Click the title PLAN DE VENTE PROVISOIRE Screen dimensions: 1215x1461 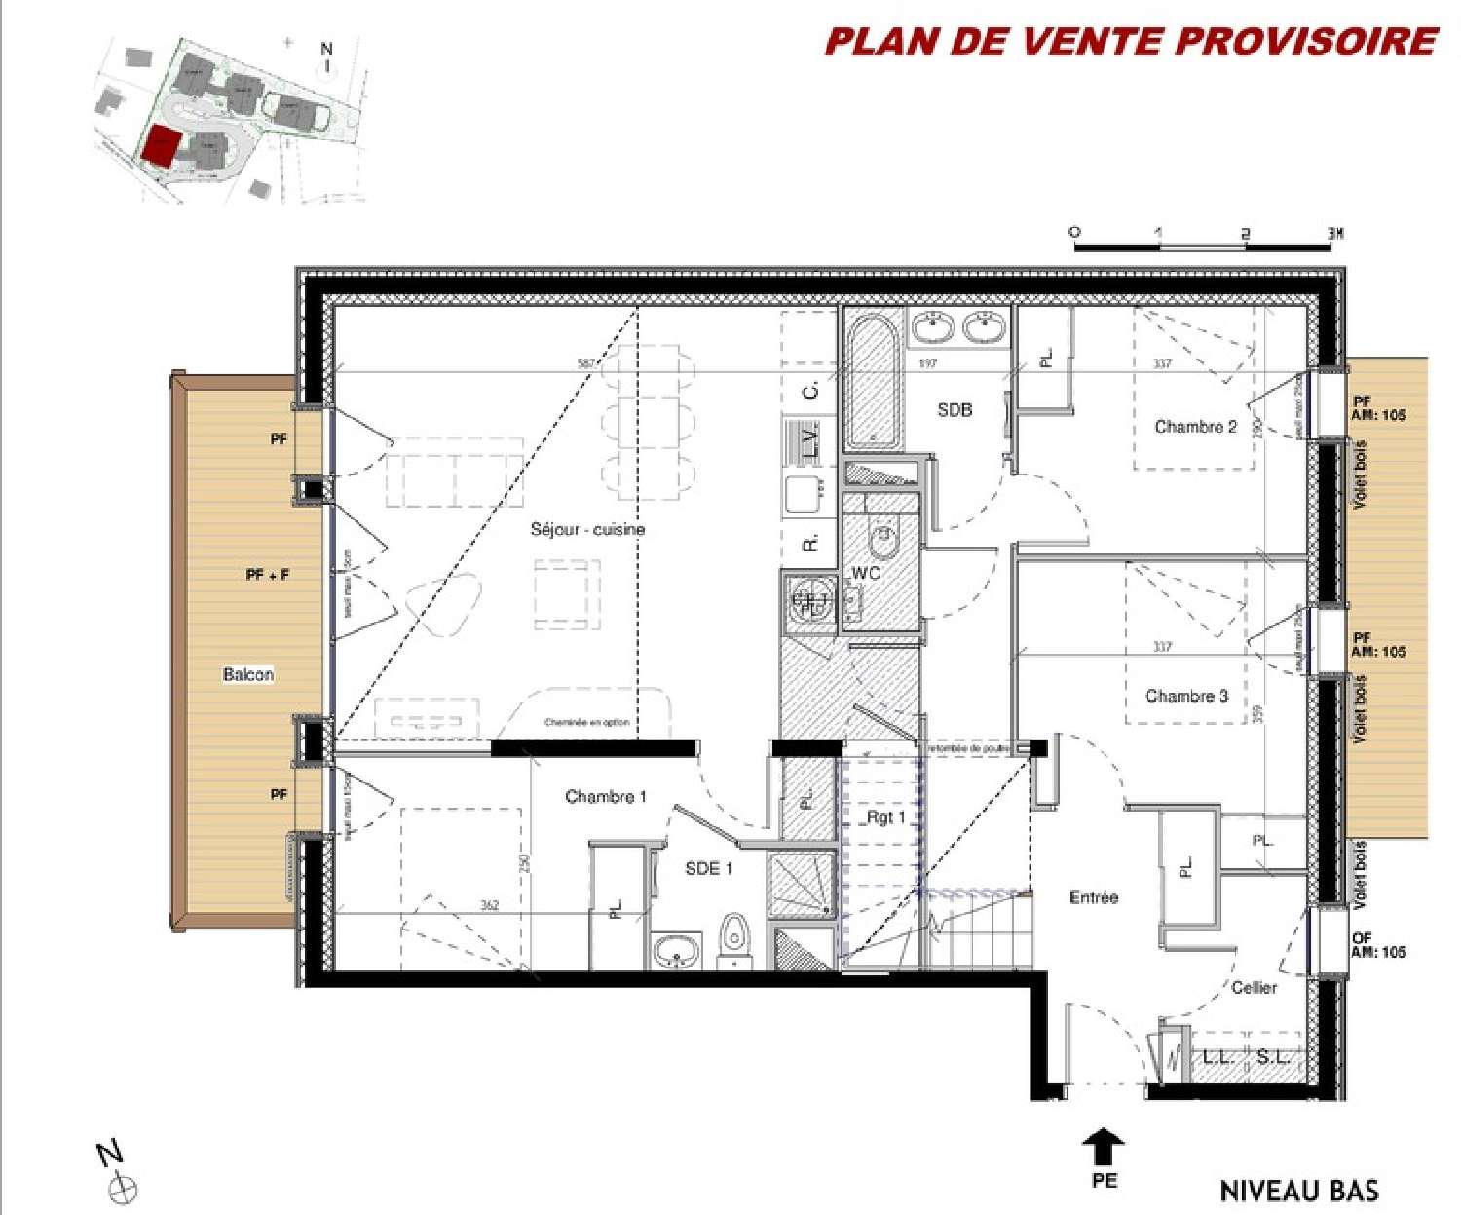pyautogui.click(x=1131, y=42)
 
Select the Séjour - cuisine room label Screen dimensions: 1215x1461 pyautogui.click(x=587, y=529)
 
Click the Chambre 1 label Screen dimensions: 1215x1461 pyautogui.click(x=605, y=796)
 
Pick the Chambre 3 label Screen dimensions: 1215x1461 pyautogui.click(x=1186, y=696)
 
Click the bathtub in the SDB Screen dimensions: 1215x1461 pyautogui.click(x=872, y=379)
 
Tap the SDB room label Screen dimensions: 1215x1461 pyautogui.click(x=955, y=410)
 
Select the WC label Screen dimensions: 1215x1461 pyautogui.click(x=865, y=573)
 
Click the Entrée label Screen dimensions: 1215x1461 pyautogui.click(x=1093, y=897)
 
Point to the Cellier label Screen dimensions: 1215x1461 pyautogui.click(x=1254, y=987)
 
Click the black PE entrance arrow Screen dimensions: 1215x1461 pyautogui.click(x=1104, y=1147)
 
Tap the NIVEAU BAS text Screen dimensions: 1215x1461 pyautogui.click(x=1298, y=1191)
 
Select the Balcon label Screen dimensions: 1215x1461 pyautogui.click(x=247, y=674)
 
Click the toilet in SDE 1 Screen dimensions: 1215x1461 pyautogui.click(x=733, y=937)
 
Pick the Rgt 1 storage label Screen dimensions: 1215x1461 pyautogui.click(x=885, y=817)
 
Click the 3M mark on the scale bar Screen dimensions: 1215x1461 pyautogui.click(x=1334, y=234)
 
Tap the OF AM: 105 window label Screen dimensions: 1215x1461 pyautogui.click(x=1377, y=944)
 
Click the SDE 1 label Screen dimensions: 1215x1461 pyautogui.click(x=708, y=868)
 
